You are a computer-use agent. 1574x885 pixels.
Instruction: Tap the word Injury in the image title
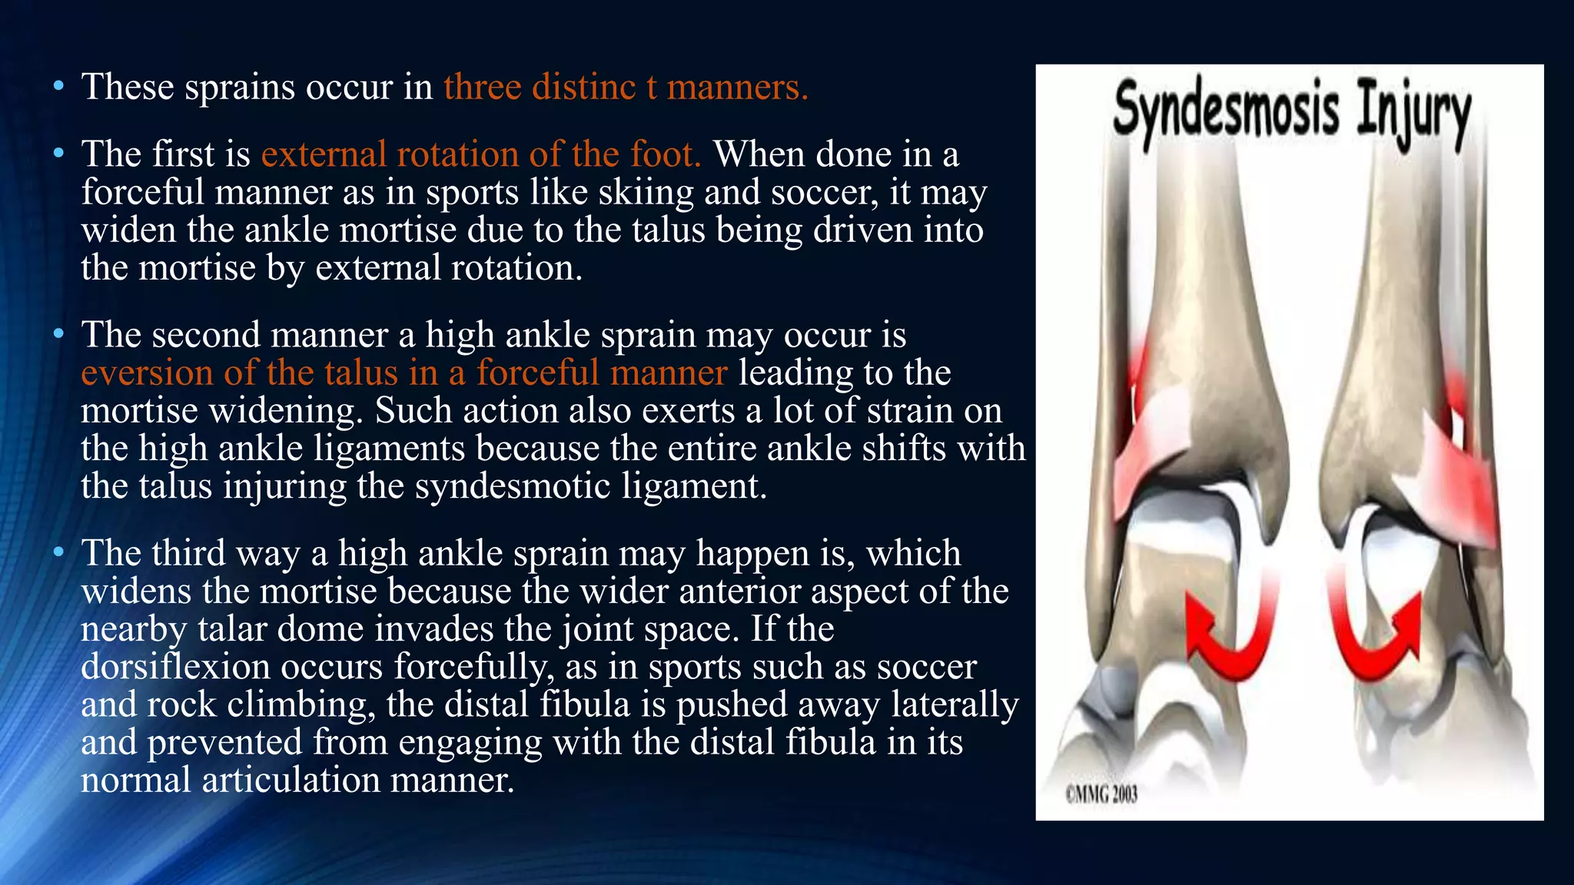pyautogui.click(x=1413, y=115)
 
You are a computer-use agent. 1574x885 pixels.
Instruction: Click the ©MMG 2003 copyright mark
pyautogui.click(x=1101, y=794)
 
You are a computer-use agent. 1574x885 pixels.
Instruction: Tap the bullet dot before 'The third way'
pyautogui.click(x=58, y=552)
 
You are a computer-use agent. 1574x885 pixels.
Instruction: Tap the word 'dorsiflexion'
pyautogui.click(x=175, y=667)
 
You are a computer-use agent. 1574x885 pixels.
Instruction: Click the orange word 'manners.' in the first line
pyautogui.click(x=737, y=87)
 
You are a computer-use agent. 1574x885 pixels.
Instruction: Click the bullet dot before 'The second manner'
pyautogui.click(x=58, y=334)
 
